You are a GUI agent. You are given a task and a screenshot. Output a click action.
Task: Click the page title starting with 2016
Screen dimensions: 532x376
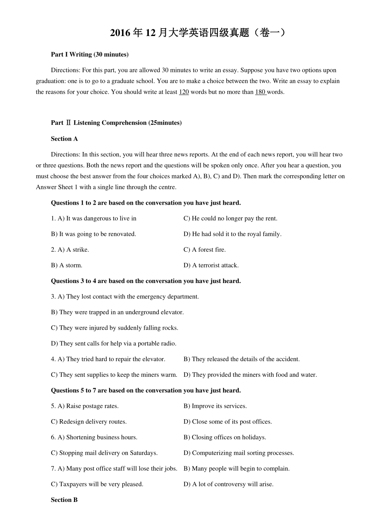tap(197, 33)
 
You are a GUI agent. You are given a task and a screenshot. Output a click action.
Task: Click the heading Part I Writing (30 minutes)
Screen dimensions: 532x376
tap(89, 54)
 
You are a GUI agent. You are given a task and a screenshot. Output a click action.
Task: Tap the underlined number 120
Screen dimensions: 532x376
tap(184, 92)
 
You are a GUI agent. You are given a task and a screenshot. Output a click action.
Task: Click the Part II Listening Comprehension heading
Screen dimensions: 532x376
tap(116, 123)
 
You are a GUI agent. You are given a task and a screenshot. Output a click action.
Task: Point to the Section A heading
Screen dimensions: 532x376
tap(64, 139)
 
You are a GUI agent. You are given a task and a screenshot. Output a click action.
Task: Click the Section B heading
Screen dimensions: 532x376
tap(64, 500)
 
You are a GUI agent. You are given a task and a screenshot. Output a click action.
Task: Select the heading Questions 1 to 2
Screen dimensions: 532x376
tap(146, 203)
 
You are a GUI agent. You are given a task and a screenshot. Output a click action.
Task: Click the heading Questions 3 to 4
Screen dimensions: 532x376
tap(146, 281)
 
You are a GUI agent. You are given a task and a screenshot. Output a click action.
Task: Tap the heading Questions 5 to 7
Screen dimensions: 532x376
tap(146, 390)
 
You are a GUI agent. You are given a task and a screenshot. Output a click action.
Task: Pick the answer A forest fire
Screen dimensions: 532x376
tap(205, 250)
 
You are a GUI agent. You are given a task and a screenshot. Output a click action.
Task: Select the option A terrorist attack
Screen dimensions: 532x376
tap(211, 265)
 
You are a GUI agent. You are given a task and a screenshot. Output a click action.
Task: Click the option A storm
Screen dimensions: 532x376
tap(66, 265)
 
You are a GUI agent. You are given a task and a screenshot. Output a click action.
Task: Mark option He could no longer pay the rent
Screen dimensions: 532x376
tap(230, 218)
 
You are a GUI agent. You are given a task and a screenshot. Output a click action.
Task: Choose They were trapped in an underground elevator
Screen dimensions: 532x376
tap(117, 312)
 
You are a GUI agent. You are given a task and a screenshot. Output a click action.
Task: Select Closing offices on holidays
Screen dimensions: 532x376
tap(225, 437)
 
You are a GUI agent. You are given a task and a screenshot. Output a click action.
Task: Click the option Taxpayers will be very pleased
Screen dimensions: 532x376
tap(97, 484)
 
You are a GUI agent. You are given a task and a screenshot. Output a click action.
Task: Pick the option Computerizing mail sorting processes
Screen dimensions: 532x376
tap(239, 453)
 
